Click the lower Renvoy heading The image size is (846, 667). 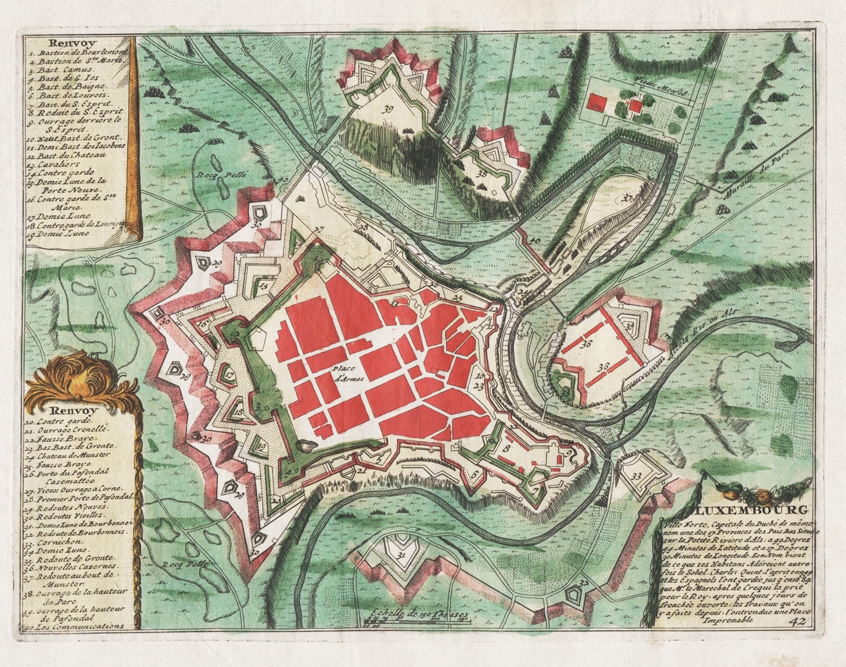[x=70, y=411]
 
